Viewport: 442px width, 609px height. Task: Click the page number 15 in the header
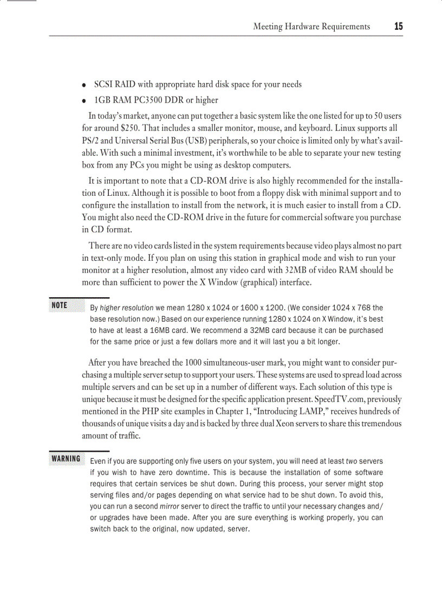pyautogui.click(x=399, y=26)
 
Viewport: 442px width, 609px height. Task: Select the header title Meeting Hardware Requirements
pyautogui.click(x=311, y=27)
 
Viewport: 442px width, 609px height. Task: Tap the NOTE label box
pyautogui.click(x=60, y=305)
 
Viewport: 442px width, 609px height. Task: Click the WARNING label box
pyautogui.click(x=66, y=459)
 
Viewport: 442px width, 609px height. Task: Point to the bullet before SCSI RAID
pyautogui.click(x=84, y=85)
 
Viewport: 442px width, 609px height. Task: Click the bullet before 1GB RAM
pyautogui.click(x=84, y=101)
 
